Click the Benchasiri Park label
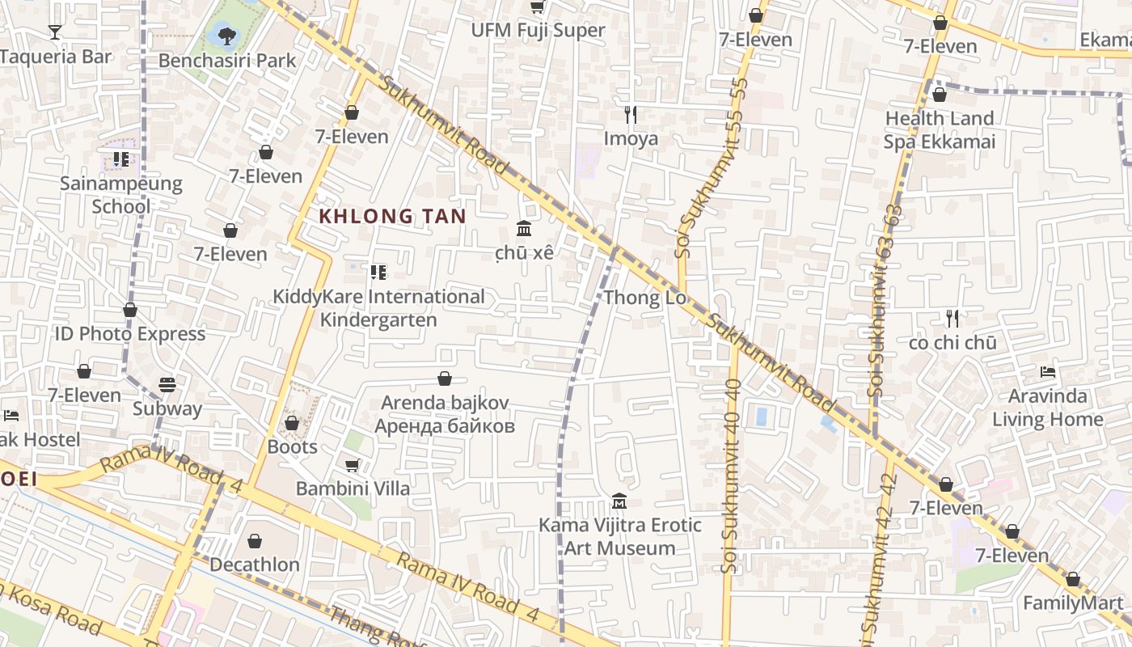pyautogui.click(x=227, y=61)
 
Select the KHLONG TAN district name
pyautogui.click(x=393, y=216)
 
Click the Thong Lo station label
pyautogui.click(x=644, y=298)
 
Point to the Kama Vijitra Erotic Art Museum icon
pyautogui.click(x=619, y=501)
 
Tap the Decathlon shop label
pyautogui.click(x=255, y=565)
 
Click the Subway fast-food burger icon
pyautogui.click(x=167, y=384)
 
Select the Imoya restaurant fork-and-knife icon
pyautogui.click(x=631, y=115)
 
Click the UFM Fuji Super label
pyautogui.click(x=539, y=31)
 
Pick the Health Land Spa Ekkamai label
pyautogui.click(x=939, y=130)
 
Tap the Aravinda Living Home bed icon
pyautogui.click(x=1047, y=372)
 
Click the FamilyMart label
pyautogui.click(x=1073, y=603)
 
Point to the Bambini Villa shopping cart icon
pyautogui.click(x=352, y=465)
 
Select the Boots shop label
pyautogui.click(x=292, y=446)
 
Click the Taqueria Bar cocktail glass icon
pyautogui.click(x=55, y=32)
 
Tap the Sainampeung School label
pyautogui.click(x=121, y=195)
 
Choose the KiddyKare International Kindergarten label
pyautogui.click(x=378, y=308)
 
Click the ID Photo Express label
pyautogui.click(x=130, y=334)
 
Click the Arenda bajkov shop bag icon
pyautogui.click(x=444, y=378)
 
